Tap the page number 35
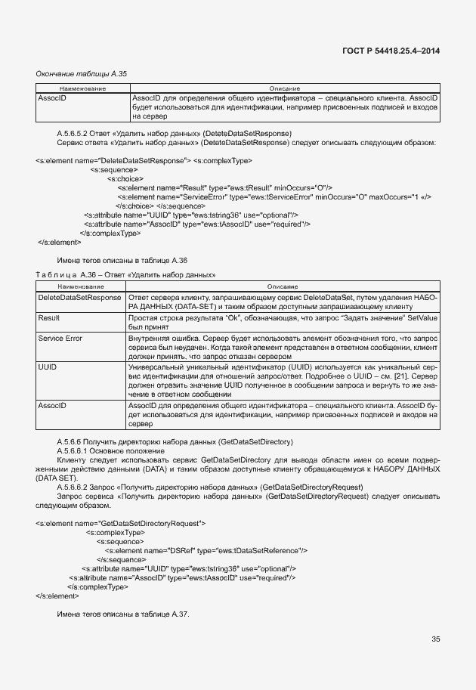click(x=435, y=639)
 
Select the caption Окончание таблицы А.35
click(x=82, y=73)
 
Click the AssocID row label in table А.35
click(x=52, y=99)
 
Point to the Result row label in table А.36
click(x=49, y=318)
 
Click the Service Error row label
click(x=60, y=338)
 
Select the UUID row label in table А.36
click(x=48, y=366)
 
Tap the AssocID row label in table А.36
click(x=52, y=406)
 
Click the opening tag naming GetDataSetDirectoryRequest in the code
click(x=120, y=523)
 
